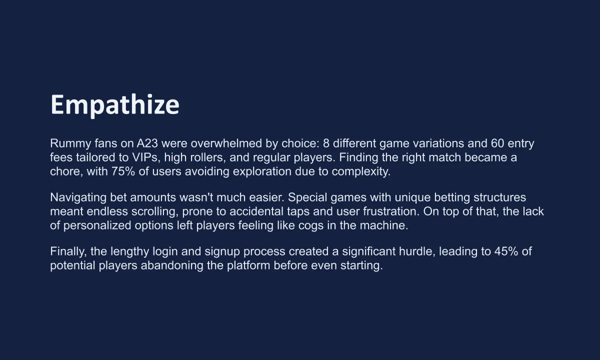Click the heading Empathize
114,105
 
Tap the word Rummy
70,144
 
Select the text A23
147,143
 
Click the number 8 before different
326,143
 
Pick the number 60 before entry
497,143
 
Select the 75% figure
123,171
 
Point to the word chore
66,171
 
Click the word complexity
361,172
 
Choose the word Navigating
78,198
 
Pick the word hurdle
417,251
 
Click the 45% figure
506,251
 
